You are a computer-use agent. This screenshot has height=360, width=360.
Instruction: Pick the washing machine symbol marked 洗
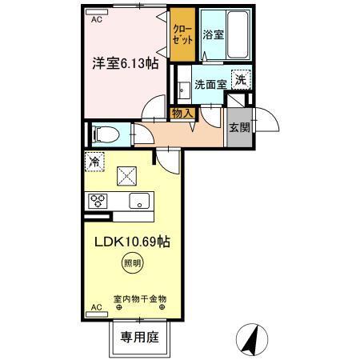point(239,79)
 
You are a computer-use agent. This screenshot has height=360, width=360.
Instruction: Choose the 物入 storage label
point(182,113)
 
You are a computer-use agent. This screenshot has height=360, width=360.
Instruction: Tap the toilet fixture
point(102,133)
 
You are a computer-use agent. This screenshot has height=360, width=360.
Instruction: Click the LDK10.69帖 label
point(134,240)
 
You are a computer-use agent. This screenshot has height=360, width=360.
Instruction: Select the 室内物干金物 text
point(140,298)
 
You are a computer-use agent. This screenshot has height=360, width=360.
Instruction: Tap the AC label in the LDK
point(96,306)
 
